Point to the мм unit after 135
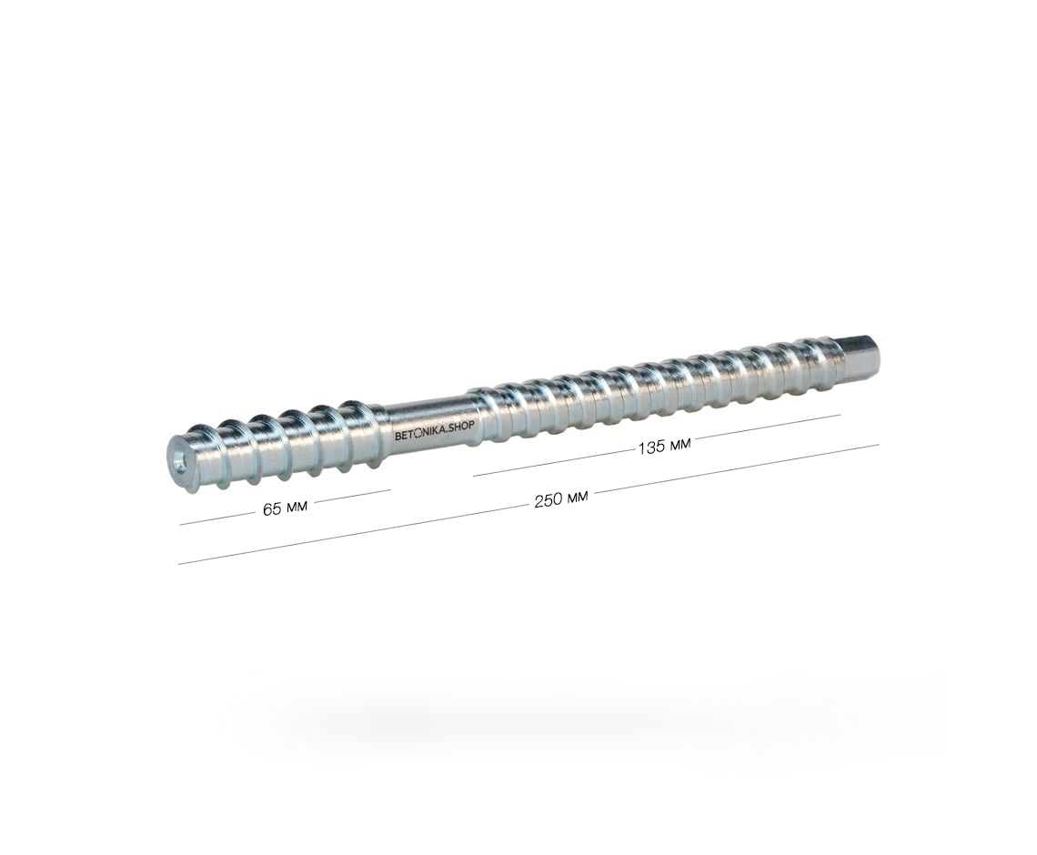click(x=679, y=445)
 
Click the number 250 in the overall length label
click(x=548, y=500)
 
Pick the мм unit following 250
click(x=576, y=497)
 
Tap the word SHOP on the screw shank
click(x=460, y=427)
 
